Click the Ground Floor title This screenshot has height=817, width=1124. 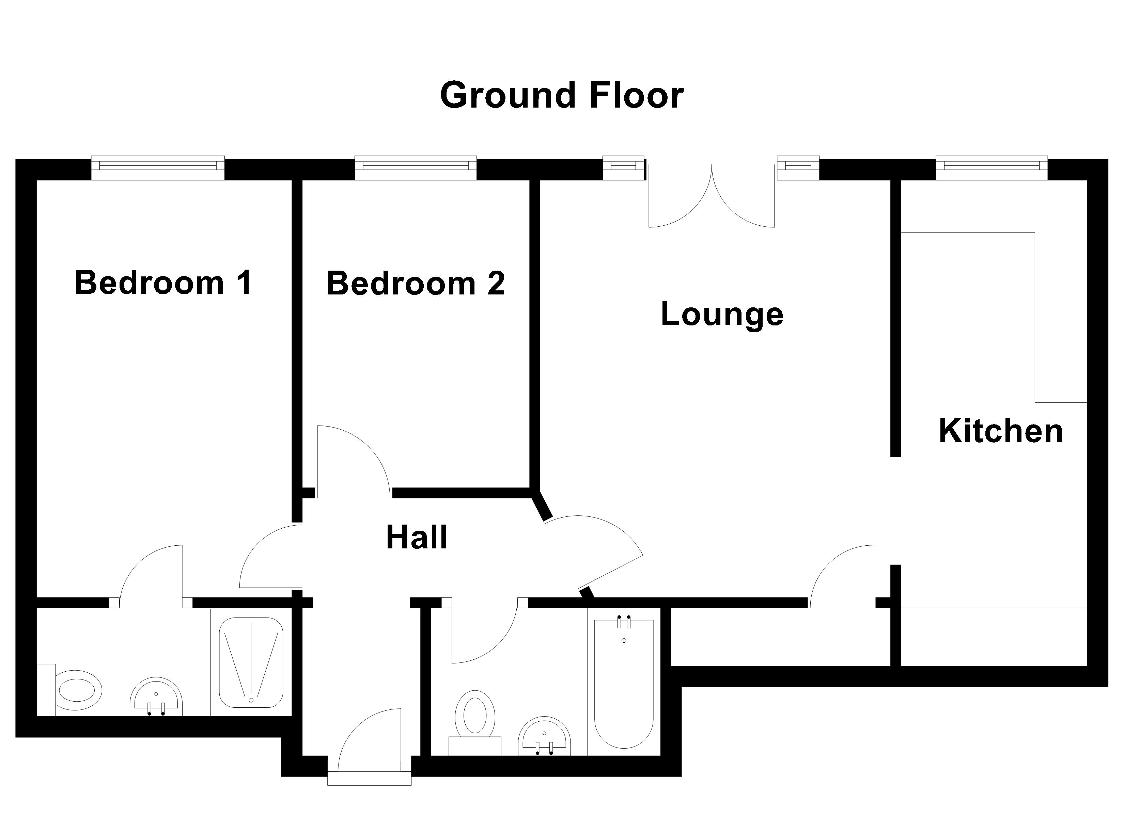[x=562, y=96]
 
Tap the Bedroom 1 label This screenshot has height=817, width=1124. [x=163, y=283]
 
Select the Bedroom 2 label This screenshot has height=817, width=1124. [x=415, y=284]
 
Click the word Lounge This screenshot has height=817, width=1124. [x=722, y=314]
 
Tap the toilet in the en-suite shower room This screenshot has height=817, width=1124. [x=74, y=690]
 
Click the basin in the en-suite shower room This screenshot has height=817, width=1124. [x=156, y=696]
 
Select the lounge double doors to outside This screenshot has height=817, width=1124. [x=712, y=198]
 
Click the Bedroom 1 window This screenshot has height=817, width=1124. [x=158, y=168]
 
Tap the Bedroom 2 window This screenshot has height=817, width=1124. [x=415, y=168]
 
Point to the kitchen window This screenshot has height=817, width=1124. [x=991, y=168]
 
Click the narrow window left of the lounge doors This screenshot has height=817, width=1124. [x=623, y=168]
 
